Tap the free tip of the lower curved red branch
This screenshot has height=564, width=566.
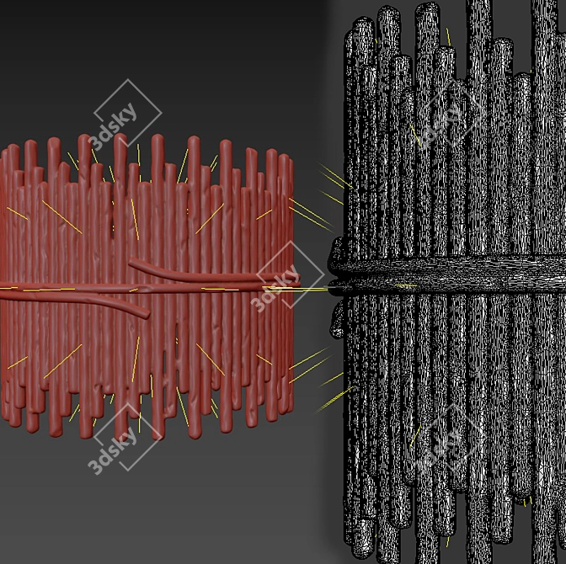click(x=147, y=315)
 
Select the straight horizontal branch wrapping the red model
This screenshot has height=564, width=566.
click(x=151, y=288)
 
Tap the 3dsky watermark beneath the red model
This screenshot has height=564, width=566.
click(x=123, y=439)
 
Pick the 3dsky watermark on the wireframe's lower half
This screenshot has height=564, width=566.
click(x=450, y=439)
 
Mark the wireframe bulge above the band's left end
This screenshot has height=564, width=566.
click(x=337, y=250)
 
